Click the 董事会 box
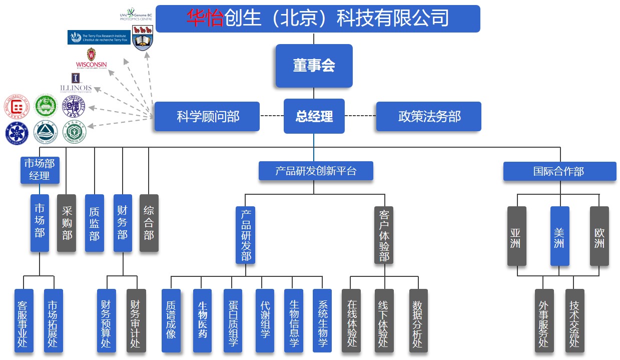pos(314,66)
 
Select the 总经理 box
pos(314,117)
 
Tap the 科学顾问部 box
pos(207,117)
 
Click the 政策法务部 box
pos(428,117)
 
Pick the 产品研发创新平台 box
pos(316,171)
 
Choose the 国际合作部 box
pos(559,171)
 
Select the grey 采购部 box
pos(67,223)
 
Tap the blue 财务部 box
pos(123,223)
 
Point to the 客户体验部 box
pos(384,235)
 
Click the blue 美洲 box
pos(559,235)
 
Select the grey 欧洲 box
pos(599,235)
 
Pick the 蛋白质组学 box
pos(233,320)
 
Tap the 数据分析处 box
pos(418,320)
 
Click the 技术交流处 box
pos(575,320)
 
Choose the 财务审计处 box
pos(136,320)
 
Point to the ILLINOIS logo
pos(76,83)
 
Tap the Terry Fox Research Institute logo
pos(99,37)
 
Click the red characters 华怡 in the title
pos(205,19)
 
